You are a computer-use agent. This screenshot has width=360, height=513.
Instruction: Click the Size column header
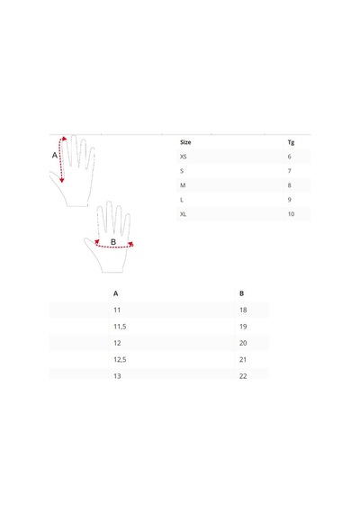click(185, 142)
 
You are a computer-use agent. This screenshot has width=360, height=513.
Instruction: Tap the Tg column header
click(291, 142)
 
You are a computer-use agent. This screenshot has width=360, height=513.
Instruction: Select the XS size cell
click(184, 157)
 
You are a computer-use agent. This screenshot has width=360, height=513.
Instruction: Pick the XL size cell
click(184, 214)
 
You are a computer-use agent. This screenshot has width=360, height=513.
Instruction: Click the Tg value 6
click(289, 157)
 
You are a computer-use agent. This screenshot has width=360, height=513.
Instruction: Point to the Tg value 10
click(291, 214)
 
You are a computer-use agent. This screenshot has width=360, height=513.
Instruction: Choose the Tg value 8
click(289, 185)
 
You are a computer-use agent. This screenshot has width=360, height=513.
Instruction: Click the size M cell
click(183, 185)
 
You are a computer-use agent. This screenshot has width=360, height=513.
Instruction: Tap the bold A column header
click(115, 293)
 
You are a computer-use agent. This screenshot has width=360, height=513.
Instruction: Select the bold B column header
click(241, 293)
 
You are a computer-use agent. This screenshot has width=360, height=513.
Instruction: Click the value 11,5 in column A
click(120, 327)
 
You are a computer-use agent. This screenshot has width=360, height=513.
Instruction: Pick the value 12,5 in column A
click(120, 360)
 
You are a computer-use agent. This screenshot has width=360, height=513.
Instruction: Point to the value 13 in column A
click(117, 376)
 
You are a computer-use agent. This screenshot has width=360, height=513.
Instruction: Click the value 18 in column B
click(243, 310)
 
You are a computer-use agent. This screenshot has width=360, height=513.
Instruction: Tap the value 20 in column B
click(243, 343)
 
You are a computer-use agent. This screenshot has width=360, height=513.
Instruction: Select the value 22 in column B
click(243, 376)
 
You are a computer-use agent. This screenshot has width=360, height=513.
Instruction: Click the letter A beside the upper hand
click(55, 155)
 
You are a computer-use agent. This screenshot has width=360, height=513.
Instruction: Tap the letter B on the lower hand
click(113, 242)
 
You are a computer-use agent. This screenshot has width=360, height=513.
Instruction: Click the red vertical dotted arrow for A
click(60, 159)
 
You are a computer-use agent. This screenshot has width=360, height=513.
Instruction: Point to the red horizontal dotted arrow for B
click(113, 247)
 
